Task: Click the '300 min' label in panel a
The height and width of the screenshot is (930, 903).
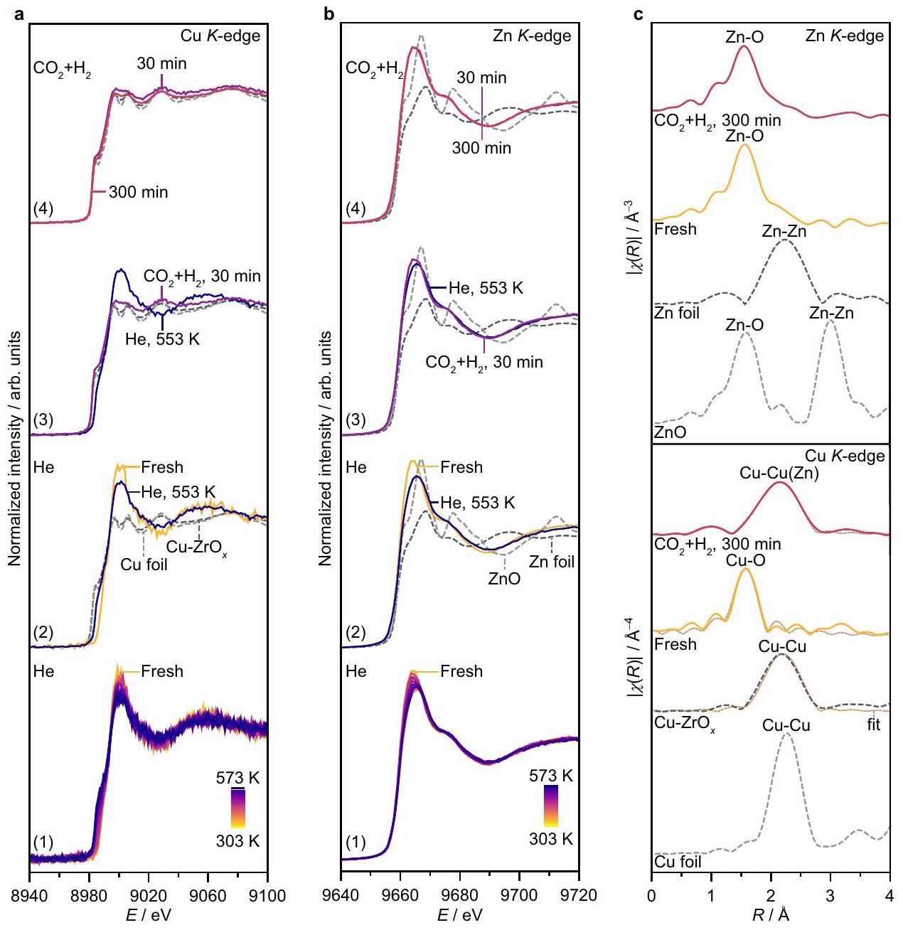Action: pyautogui.click(x=138, y=192)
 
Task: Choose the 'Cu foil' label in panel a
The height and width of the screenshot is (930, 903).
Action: pyautogui.click(x=144, y=565)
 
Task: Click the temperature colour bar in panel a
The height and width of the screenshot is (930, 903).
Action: pyautogui.click(x=237, y=809)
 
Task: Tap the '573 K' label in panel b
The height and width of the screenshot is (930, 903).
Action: pyautogui.click(x=551, y=776)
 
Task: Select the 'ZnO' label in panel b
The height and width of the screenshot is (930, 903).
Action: pyautogui.click(x=504, y=579)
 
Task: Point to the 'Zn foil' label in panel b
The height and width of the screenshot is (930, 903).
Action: pyautogui.click(x=552, y=562)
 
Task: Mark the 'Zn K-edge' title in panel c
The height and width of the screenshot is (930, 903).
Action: pyautogui.click(x=845, y=36)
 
